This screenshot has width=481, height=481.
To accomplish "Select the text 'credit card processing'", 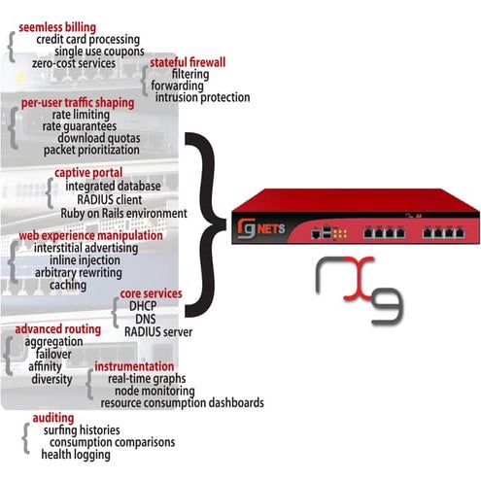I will [88, 39].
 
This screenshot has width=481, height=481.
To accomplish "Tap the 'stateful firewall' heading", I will [188, 61].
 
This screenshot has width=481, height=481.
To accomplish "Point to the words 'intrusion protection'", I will [202, 97].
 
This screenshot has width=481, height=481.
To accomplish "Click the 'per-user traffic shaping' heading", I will [78, 102].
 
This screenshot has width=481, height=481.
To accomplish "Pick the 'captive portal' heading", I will [88, 173].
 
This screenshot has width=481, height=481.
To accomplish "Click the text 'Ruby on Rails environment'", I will [123, 213].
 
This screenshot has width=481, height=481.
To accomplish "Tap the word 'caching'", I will [68, 285].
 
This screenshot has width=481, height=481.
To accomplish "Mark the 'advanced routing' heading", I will [57, 329].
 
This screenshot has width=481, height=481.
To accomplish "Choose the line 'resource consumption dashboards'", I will [182, 402].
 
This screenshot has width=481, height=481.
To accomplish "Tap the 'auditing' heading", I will [52, 417].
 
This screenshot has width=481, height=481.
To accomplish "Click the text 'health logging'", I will [75, 454].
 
